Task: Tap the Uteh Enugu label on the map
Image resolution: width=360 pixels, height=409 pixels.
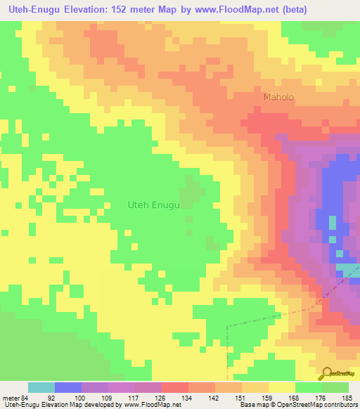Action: tap(154, 205)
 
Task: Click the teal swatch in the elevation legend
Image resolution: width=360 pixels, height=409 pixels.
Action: tap(41, 387)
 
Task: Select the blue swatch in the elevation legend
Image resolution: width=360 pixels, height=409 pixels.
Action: tap(68, 387)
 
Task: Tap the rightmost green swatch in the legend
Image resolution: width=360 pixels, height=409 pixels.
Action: tap(335, 387)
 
